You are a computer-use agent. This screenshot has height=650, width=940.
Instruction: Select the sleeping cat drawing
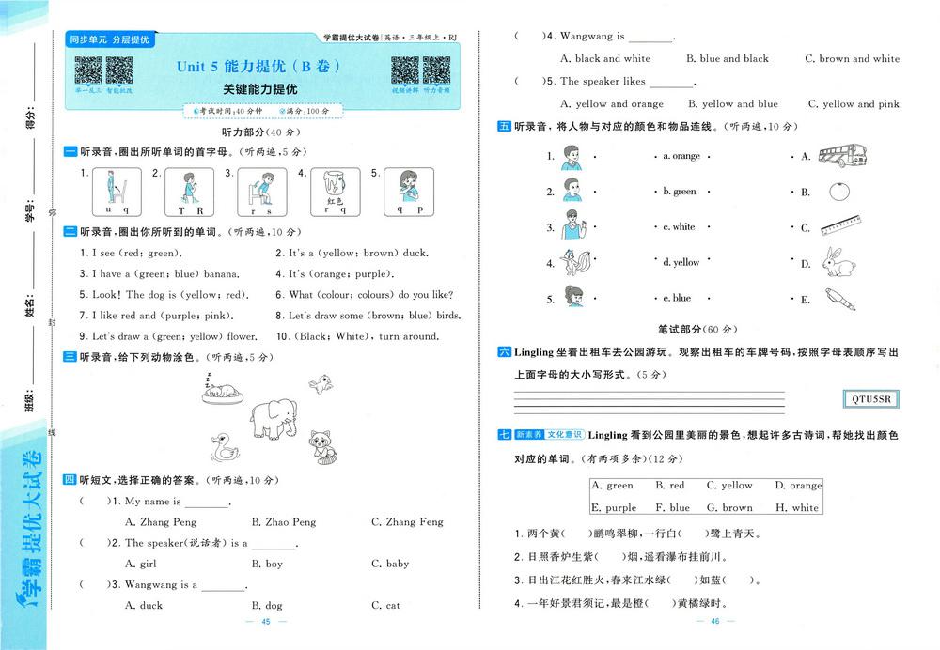coord(223,391)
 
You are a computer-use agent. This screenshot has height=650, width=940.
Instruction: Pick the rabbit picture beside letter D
coord(839,262)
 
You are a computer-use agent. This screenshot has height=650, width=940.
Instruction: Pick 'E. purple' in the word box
coord(614,508)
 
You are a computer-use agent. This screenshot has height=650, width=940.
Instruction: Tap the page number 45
coord(266,623)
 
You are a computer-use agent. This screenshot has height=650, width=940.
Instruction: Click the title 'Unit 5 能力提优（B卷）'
coord(258,67)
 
